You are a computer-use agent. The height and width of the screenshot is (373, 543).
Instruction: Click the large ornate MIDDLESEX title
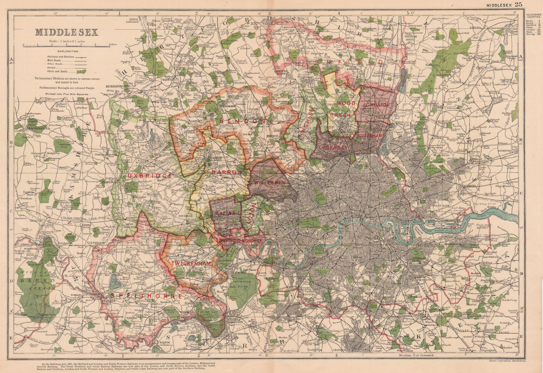(x=67, y=32)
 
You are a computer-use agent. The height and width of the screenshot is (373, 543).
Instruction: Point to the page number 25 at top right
(x=518, y=4)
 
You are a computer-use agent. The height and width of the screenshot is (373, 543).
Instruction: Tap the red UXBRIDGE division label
(x=149, y=176)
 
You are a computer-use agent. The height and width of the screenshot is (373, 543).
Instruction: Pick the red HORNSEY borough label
(x=334, y=148)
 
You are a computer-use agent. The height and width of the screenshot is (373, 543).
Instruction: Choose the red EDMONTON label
(x=376, y=105)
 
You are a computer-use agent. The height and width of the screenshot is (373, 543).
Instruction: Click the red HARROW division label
(x=227, y=172)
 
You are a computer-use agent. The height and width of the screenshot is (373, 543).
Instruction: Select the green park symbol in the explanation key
(x=81, y=72)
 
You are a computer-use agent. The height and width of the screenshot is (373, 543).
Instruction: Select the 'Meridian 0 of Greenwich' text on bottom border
(x=415, y=355)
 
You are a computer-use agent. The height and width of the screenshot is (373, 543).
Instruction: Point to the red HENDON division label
(x=242, y=121)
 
